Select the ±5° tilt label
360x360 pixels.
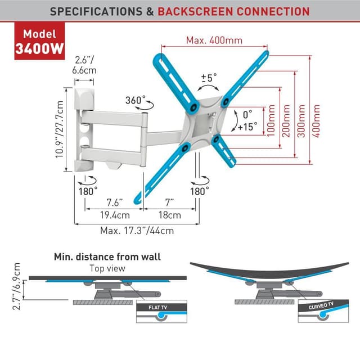(x=209, y=78)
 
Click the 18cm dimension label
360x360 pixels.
(x=170, y=214)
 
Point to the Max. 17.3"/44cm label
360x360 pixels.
(x=136, y=230)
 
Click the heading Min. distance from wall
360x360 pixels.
(x=107, y=257)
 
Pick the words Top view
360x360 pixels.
(x=107, y=268)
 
